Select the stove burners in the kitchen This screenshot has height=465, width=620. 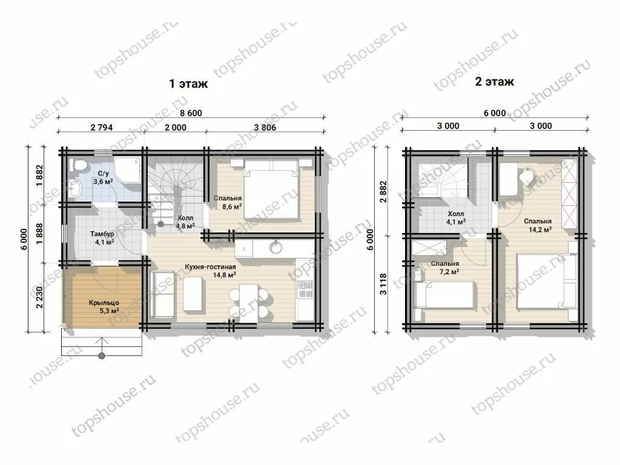point(305,289)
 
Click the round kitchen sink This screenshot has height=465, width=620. point(275,248)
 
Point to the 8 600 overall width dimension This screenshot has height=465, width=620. point(191,113)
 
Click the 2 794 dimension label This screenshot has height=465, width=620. point(102,127)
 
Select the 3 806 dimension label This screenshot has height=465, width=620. point(265,127)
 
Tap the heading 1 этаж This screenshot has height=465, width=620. point(189,84)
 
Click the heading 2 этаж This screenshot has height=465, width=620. point(494,82)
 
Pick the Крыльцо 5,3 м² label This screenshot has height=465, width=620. point(104,307)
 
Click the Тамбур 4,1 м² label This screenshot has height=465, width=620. point(102,238)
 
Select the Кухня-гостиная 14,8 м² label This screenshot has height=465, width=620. point(210,271)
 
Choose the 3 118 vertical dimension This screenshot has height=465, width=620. point(383,284)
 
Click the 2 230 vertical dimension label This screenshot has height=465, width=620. point(39,297)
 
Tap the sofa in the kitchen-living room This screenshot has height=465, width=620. point(163,294)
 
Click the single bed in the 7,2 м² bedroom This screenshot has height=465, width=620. point(443,295)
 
